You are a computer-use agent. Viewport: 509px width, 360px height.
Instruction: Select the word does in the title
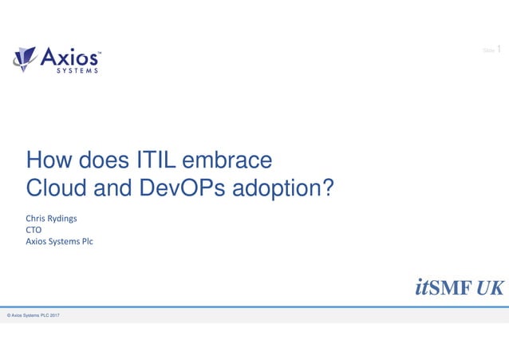coord(102,160)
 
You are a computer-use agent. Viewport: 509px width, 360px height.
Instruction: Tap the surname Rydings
coord(69,219)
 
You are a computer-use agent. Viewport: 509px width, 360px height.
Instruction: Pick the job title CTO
coord(35,230)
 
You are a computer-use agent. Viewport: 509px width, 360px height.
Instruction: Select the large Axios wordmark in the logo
coord(70,56)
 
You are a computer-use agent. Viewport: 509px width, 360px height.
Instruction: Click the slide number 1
coord(499,50)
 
